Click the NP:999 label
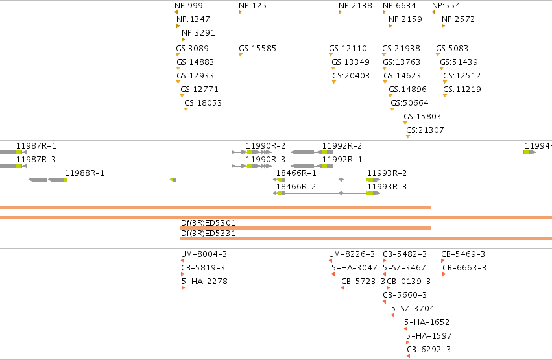189,6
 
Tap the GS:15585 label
258,49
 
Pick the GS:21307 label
425,130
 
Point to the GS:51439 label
459,62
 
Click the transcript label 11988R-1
84,173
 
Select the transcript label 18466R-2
296,187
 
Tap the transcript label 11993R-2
387,173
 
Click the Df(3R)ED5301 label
208,223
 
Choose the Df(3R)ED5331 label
208,234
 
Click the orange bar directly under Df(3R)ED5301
306,228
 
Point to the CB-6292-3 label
429,350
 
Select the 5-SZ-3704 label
413,309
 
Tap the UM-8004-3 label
204,254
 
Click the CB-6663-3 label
464,268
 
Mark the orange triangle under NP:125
241,12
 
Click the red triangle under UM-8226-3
331,261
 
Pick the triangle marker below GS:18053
186,110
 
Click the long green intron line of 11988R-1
119,180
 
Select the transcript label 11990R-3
265,160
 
